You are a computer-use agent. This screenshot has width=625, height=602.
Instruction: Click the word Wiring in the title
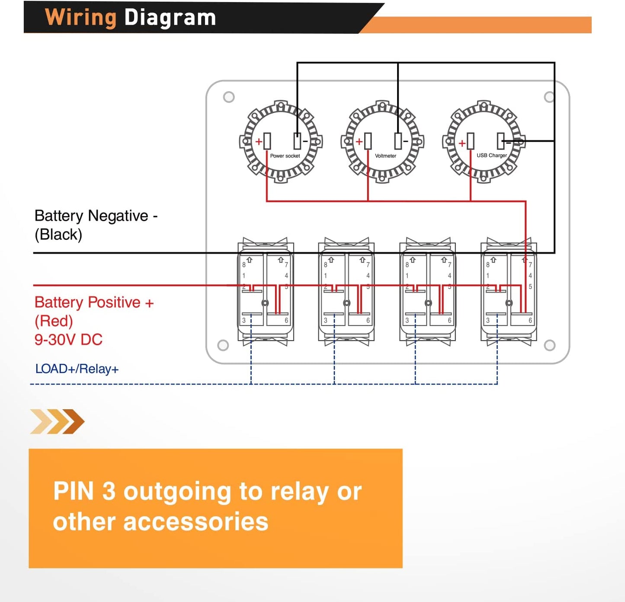pos(81,18)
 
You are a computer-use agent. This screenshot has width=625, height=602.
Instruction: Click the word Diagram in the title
pos(170,18)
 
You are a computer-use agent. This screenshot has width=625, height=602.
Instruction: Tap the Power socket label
pos(285,156)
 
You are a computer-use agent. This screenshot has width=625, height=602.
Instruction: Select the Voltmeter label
pos(385,156)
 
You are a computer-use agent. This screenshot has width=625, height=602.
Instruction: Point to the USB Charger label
pos(491,156)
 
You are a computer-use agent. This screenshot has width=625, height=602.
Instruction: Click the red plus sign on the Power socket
pos(259,142)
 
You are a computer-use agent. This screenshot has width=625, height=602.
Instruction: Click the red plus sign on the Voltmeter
pos(359,142)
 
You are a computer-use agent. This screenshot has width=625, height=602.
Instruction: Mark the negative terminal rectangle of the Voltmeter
pos(398,141)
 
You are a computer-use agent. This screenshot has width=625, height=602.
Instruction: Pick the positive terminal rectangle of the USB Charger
pos(471,141)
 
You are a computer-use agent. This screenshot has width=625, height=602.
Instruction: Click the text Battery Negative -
pos(96,216)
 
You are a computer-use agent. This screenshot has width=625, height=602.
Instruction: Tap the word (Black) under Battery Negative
pos(58,235)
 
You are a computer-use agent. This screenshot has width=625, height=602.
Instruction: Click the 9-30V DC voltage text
pos(68,340)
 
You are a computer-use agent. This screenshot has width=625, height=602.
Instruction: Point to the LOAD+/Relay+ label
pos(77,369)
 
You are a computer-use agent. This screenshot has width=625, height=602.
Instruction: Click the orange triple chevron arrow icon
pos(57,421)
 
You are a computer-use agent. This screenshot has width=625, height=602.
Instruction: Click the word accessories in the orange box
pos(196,522)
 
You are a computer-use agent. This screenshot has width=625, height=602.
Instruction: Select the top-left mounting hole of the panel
pos(229,97)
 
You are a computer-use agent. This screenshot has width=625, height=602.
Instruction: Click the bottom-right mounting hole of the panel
pos(550,345)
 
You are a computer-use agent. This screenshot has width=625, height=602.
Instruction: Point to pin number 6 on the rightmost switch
pos(530,321)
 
